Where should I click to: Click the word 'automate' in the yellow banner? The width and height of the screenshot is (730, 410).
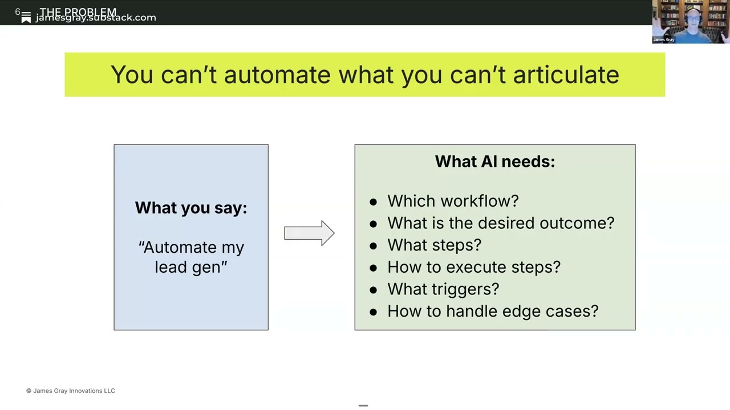[x=277, y=75]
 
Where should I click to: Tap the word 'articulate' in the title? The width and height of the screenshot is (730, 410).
[x=566, y=75]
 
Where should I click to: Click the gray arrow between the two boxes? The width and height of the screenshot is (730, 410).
[x=309, y=233]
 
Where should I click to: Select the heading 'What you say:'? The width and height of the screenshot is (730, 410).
[x=191, y=208]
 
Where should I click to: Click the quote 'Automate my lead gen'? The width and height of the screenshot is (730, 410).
[x=191, y=257]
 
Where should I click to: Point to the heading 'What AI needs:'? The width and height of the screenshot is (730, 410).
[x=494, y=162]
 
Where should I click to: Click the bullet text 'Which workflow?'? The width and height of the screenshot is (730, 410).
[x=453, y=201]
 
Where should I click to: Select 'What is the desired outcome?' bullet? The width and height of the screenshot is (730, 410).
[x=501, y=223]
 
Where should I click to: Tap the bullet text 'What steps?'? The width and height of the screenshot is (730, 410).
[x=434, y=245]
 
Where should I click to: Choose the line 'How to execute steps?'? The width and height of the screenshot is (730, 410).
[x=473, y=267]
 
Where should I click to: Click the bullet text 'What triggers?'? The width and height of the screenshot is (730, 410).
[x=443, y=289]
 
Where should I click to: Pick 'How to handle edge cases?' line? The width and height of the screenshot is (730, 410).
[x=493, y=311]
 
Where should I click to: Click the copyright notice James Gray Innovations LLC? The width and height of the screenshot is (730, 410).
[x=71, y=391]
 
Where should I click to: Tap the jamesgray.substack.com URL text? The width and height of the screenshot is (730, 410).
[x=96, y=18]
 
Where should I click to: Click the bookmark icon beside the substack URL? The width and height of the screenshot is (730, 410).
[x=26, y=19]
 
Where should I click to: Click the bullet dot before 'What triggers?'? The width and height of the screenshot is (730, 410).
[x=373, y=290]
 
